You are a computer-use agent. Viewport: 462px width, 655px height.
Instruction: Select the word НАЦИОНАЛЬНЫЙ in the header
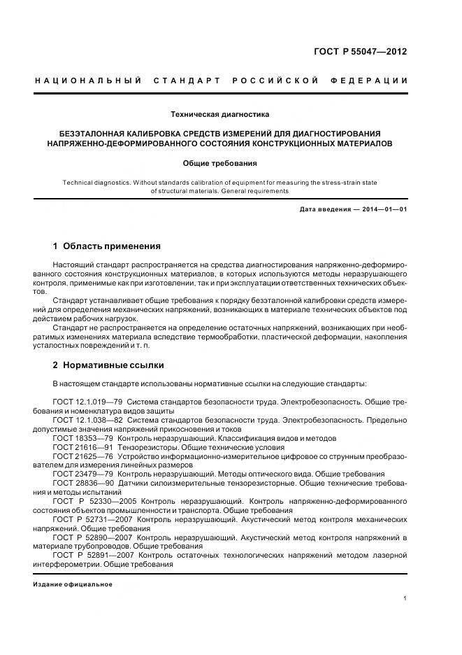tap(89, 80)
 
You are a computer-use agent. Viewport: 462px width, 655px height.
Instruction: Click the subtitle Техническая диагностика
tap(219, 113)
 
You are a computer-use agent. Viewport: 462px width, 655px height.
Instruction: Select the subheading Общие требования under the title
tap(219, 163)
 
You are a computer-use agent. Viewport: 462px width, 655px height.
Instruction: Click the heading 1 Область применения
tap(106, 246)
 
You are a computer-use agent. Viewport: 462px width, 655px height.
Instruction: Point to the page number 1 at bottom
tap(405, 599)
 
